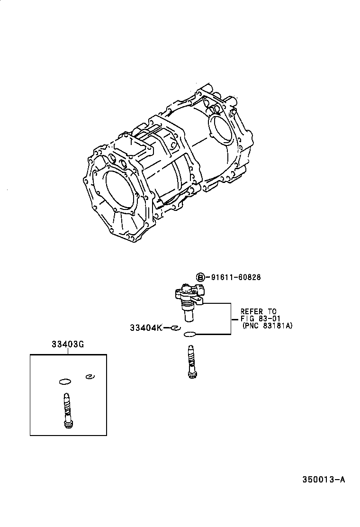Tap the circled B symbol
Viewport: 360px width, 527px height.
tap(200, 277)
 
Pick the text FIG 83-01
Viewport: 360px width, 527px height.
tap(259, 319)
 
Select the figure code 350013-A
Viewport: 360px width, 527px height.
tap(324, 479)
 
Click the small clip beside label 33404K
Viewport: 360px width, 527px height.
tap(175, 327)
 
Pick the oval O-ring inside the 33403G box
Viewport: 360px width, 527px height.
tap(65, 381)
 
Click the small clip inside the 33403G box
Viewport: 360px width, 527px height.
tap(89, 377)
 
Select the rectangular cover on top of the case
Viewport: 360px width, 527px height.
tap(136, 144)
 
